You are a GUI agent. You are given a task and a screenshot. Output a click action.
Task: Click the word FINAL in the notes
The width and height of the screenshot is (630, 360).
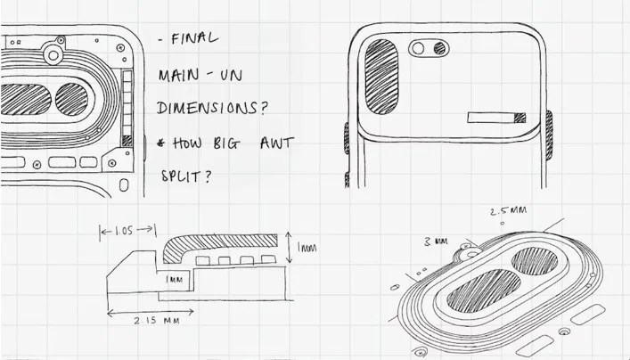tap(195, 38)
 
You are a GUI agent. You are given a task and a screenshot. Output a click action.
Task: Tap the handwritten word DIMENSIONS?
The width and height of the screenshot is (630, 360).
tap(212, 108)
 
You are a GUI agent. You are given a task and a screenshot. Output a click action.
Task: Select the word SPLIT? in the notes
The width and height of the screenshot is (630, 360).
tap(186, 176)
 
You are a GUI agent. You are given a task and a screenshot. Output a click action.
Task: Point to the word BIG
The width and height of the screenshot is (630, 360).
tap(226, 143)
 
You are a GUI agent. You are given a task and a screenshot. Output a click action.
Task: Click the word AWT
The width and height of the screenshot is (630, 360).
tap(277, 143)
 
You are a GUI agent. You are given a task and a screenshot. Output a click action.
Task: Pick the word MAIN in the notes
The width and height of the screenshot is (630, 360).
tap(179, 75)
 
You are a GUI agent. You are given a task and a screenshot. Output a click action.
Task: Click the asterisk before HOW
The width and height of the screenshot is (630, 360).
tap(161, 143)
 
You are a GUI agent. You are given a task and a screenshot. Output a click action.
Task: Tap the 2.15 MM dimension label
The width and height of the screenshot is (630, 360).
tap(157, 321)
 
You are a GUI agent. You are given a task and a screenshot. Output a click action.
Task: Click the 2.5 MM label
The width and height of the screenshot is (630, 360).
tap(508, 210)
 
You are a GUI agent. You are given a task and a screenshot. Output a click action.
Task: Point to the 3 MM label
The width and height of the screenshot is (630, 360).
tap(436, 241)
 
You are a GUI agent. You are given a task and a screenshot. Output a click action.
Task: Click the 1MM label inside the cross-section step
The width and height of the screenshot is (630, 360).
tap(174, 279)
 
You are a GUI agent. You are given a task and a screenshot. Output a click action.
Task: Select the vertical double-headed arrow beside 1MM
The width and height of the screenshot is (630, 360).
tap(289, 248)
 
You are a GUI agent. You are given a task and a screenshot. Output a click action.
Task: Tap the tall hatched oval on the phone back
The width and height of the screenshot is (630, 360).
tap(381, 77)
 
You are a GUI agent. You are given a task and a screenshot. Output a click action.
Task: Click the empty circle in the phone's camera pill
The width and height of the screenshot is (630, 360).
tap(418, 49)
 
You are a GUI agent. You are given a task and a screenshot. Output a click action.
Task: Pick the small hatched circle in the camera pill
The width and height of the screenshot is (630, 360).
tap(439, 49)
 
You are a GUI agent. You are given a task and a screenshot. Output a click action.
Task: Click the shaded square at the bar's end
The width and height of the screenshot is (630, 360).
tap(520, 118)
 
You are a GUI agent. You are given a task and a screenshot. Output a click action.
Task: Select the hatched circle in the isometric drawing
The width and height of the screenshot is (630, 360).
tap(535, 261)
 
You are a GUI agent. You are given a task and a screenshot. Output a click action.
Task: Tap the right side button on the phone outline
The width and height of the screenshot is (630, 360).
tap(549, 135)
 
